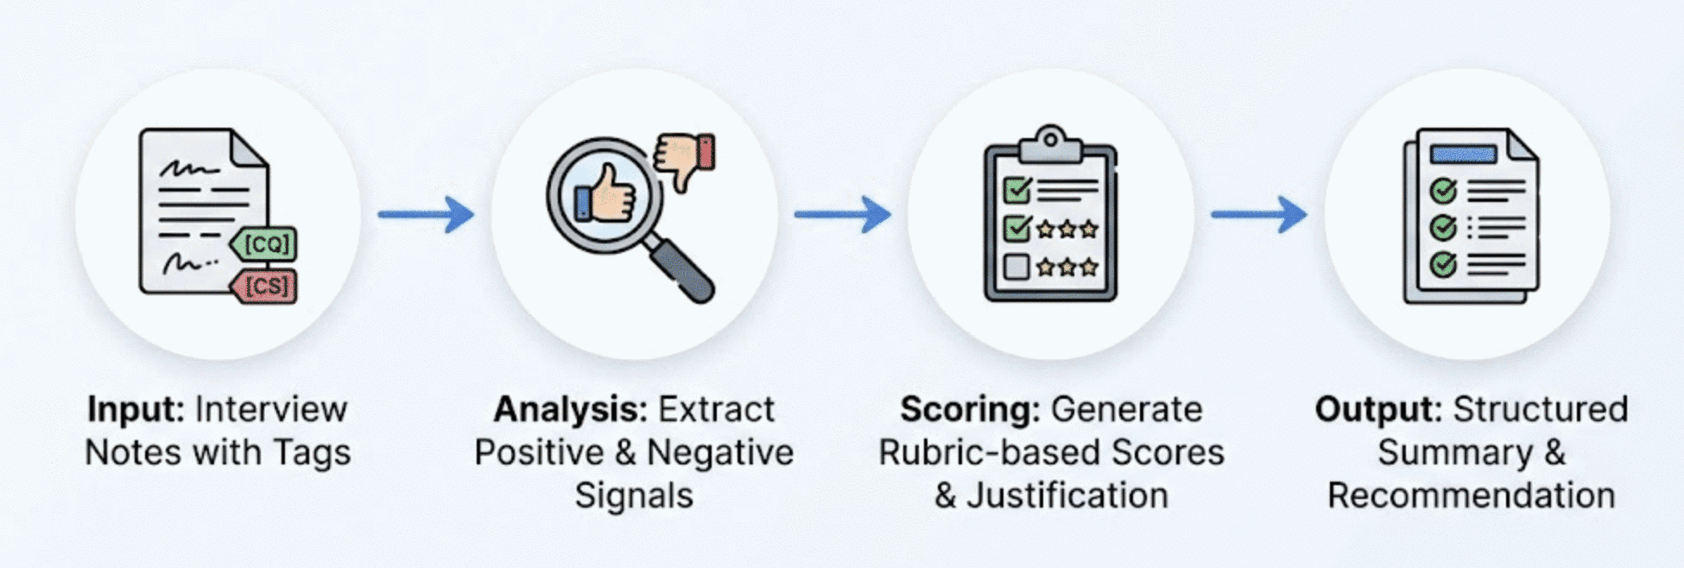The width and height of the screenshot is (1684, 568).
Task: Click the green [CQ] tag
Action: point(264,244)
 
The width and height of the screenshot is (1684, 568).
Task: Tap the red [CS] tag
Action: point(264,285)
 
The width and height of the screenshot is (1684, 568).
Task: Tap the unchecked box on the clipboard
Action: point(1016,267)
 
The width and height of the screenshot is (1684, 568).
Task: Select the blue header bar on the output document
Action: point(1463,155)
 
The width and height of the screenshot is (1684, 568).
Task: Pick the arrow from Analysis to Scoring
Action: point(842,214)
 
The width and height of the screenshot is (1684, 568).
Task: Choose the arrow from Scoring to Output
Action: point(1258,214)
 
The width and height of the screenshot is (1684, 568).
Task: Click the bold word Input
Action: point(136,409)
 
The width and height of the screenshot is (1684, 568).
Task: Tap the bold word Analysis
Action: point(570,409)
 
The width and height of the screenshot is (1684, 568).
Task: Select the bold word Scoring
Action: point(970,409)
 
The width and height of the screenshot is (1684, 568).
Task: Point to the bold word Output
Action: point(1378,409)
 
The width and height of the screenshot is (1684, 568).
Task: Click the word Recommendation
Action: point(1471,495)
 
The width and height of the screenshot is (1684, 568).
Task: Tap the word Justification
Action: point(1067,495)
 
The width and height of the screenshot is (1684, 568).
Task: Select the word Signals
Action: point(634,495)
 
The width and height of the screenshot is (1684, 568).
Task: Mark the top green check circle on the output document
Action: point(1443,190)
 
